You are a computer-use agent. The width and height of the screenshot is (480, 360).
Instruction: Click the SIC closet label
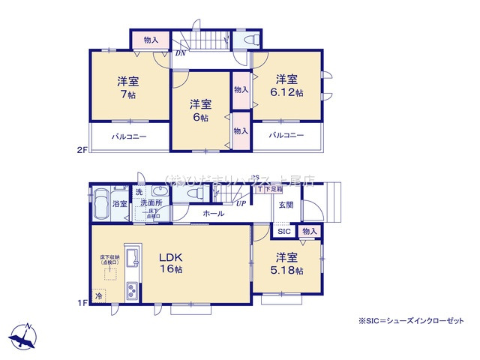click(284, 232)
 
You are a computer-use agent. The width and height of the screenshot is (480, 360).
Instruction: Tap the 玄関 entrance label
click(286, 204)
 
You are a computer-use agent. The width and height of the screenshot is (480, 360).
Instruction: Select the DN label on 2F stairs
click(181, 54)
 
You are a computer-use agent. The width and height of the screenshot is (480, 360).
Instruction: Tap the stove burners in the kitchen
click(131, 289)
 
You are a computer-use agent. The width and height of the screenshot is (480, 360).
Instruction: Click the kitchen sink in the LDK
click(131, 258)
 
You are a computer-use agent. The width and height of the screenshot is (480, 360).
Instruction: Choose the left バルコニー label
click(130, 137)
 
